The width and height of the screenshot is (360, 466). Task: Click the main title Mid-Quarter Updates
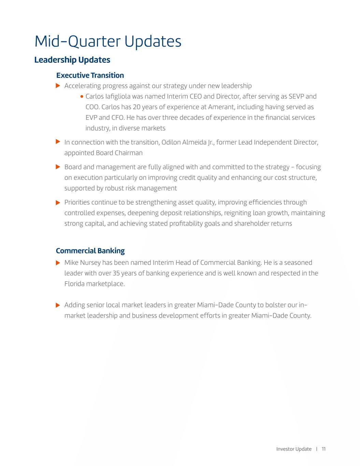pos(108,41)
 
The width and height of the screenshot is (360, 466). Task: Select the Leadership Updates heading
pos(72,60)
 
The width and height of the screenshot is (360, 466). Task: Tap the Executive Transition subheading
pos(90,75)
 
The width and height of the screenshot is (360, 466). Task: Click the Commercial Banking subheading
pos(90,251)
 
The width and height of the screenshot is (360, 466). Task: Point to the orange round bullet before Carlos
pos(82,97)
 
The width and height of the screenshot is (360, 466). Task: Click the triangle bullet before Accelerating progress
pos(58,85)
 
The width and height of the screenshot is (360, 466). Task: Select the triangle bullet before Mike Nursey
pos(58,263)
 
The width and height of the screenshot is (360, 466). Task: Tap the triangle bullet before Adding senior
pos(58,305)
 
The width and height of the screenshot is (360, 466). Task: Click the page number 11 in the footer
pos(323,449)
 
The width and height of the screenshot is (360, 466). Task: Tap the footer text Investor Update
pos(293,449)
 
